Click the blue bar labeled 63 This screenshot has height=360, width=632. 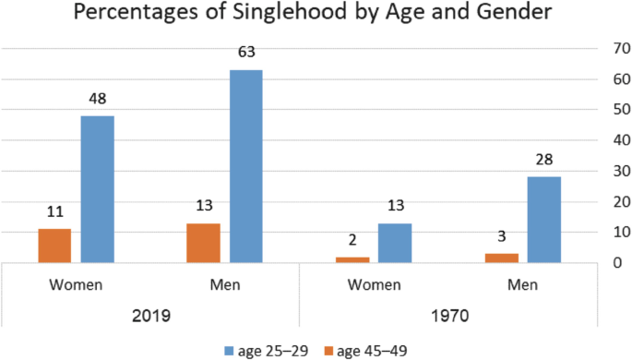(245, 166)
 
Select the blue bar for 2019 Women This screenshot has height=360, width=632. (97, 189)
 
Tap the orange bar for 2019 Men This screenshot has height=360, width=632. (203, 243)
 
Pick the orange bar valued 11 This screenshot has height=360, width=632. (54, 246)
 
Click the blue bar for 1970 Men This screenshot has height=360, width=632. (543, 220)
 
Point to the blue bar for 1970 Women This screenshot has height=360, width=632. (395, 243)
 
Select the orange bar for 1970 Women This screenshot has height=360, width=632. (352, 259)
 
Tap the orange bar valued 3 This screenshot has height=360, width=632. (501, 258)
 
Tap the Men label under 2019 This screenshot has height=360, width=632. (224, 283)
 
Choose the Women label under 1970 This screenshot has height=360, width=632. (374, 283)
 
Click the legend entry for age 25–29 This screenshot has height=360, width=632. (267, 349)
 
